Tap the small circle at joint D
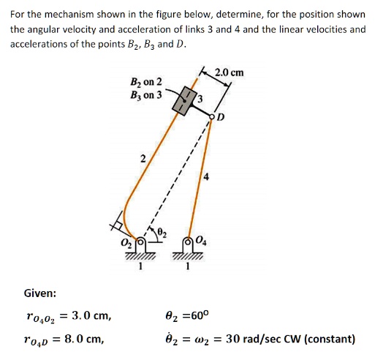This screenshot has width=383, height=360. [x=213, y=116]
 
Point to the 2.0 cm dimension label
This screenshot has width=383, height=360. [x=230, y=72]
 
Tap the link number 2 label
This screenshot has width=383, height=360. [x=144, y=159]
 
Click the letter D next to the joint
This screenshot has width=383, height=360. [x=221, y=117]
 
